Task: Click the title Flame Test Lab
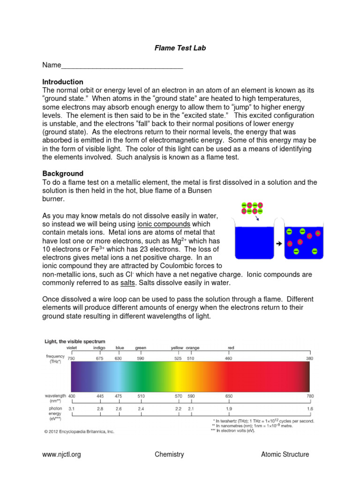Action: tap(180, 48)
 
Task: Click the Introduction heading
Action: tap(63, 82)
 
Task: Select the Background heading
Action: tap(63, 173)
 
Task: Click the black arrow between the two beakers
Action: tap(278, 243)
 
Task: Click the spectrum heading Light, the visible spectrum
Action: tap(75, 341)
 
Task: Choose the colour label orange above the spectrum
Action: tap(192, 348)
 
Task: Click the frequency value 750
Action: tap(71, 359)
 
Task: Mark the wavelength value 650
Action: tap(229, 396)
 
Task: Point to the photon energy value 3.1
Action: tap(71, 409)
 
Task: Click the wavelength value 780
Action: tap(309, 396)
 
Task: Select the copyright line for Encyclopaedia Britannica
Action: tap(79, 431)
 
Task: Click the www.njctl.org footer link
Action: tap(61, 454)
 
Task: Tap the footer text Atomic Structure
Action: tap(285, 454)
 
